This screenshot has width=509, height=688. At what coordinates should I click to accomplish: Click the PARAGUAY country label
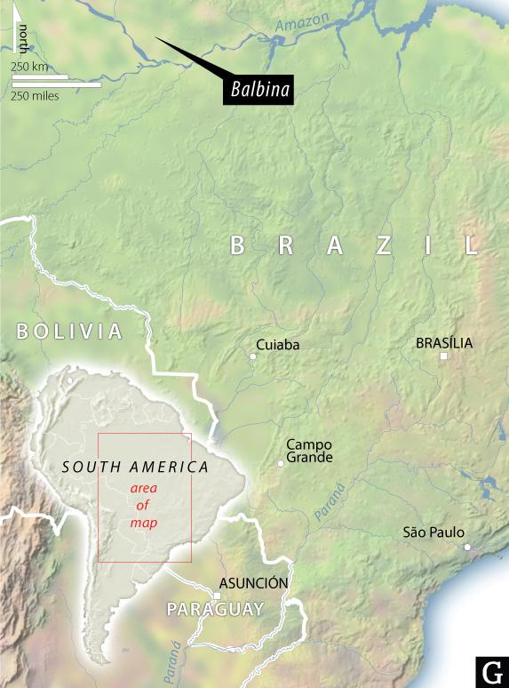(216, 610)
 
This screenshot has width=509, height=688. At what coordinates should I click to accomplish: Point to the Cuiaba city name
(277, 344)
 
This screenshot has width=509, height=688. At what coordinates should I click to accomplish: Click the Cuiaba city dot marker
(252, 356)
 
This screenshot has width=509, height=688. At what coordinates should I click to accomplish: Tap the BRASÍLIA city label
(444, 342)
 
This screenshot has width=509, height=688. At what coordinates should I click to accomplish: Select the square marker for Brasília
(443, 356)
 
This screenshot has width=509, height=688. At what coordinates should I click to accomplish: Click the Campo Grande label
(309, 451)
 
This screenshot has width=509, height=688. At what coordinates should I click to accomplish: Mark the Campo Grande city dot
(281, 463)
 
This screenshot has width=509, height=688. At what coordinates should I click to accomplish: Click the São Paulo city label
(433, 532)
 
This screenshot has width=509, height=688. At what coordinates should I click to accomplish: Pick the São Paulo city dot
(467, 547)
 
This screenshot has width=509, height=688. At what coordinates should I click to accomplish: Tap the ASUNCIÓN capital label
(253, 583)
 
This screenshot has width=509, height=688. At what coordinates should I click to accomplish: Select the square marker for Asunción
(217, 596)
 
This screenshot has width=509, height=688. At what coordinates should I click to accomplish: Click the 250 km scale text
(29, 68)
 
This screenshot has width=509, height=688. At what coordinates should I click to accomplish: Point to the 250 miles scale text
(36, 96)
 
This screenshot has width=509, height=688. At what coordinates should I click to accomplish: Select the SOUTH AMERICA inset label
(136, 467)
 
